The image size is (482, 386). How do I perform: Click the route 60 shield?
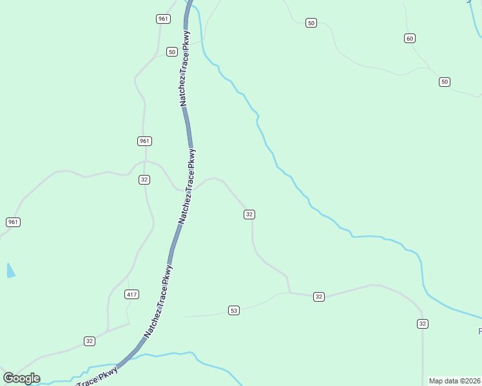[410, 39]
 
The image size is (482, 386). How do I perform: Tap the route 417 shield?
[131, 295]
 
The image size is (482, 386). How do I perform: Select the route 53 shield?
[234, 311]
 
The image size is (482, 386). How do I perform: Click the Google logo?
[21, 378]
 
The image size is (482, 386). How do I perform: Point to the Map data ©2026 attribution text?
[455, 381]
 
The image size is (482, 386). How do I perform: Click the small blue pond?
[10, 270]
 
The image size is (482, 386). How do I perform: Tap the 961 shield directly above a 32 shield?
[144, 141]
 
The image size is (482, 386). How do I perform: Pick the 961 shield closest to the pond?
[13, 222]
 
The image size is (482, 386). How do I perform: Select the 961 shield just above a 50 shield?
[163, 19]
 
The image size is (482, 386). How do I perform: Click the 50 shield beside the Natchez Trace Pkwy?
[171, 51]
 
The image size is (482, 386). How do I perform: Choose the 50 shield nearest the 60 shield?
[445, 82]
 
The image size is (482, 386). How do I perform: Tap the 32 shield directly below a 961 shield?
[144, 179]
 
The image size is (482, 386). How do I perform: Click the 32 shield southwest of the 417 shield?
[90, 341]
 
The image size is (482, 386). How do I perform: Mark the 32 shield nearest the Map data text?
[422, 324]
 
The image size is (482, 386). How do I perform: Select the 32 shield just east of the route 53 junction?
[318, 297]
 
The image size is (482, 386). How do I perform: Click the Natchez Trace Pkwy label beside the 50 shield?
[185, 68]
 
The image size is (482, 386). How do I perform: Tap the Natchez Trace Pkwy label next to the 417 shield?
[159, 300]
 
